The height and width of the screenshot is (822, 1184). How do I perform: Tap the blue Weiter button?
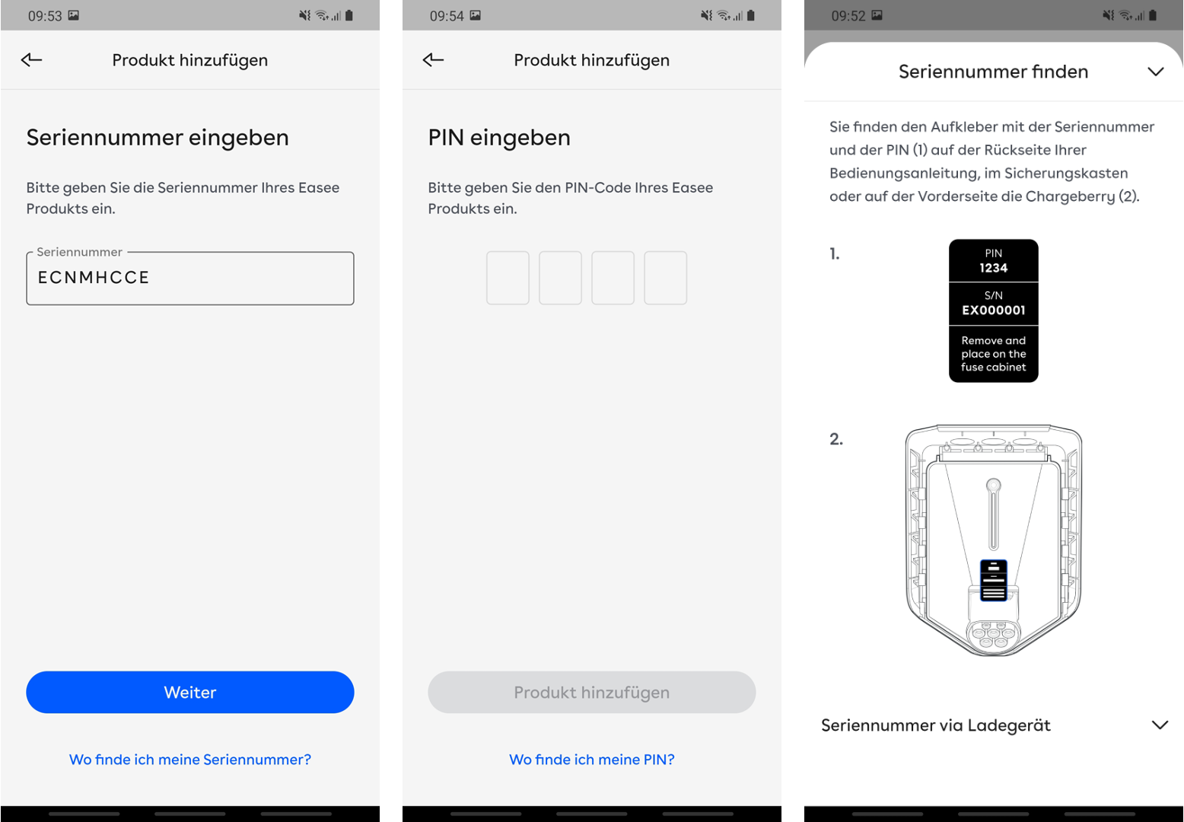[189, 692]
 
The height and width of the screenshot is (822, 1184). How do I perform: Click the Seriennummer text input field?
[189, 278]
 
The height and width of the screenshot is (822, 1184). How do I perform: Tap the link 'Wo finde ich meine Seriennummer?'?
[189, 759]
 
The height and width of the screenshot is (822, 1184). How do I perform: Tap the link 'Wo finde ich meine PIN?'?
[591, 759]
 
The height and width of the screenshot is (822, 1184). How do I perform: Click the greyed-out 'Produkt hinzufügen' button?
[591, 692]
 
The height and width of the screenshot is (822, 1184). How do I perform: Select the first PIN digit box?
[508, 278]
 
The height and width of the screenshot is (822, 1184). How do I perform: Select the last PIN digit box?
[665, 278]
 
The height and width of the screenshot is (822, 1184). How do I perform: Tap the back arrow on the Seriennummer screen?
[31, 59]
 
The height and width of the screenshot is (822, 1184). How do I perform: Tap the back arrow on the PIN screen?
[433, 59]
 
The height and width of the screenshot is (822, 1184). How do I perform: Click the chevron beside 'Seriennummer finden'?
[1156, 72]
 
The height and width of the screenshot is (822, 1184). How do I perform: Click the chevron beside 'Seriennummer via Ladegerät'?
[1160, 725]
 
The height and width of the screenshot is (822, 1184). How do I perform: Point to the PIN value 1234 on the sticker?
[993, 268]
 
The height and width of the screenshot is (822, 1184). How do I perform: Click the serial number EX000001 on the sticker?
[993, 311]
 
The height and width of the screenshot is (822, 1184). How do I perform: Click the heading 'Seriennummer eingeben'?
[158, 138]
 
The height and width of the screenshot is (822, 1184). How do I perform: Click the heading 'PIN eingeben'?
[499, 138]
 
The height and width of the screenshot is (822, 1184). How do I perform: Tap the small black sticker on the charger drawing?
[993, 580]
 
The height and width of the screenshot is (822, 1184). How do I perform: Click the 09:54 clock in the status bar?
[446, 16]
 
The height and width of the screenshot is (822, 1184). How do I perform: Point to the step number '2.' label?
[835, 438]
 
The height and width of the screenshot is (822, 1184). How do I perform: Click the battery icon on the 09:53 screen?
[349, 15]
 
